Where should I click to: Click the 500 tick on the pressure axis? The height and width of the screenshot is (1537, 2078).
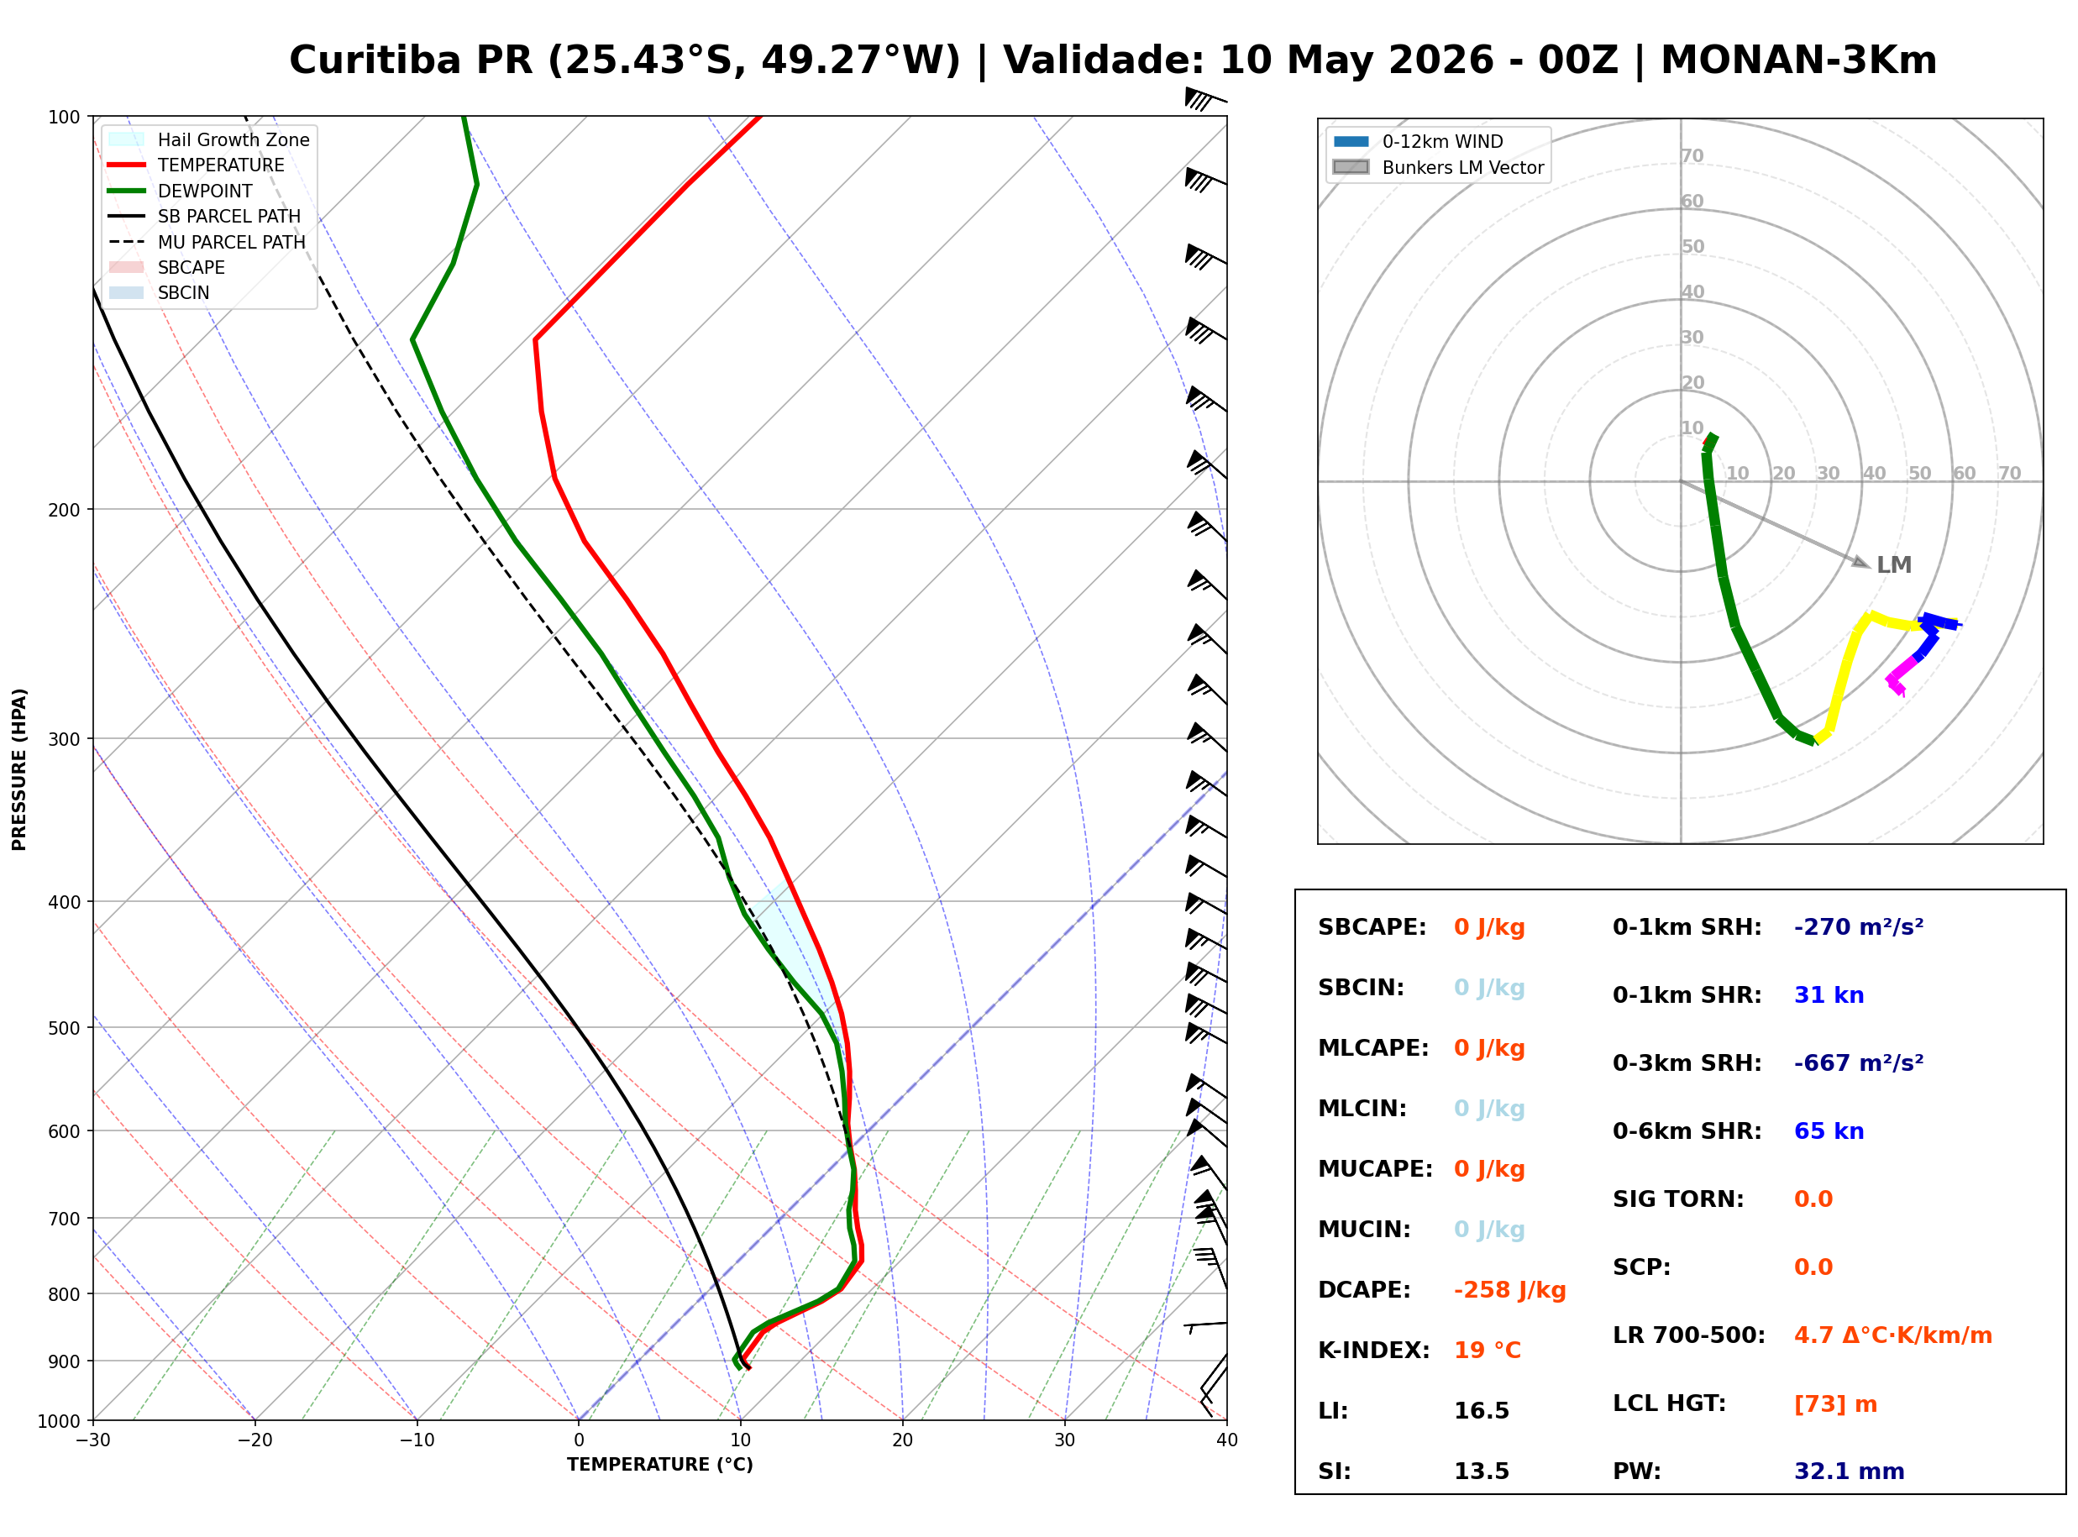tap(62, 1029)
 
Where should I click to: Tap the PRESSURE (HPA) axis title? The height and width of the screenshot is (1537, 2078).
tap(18, 770)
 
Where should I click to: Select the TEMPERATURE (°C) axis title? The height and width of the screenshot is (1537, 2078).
tap(660, 1466)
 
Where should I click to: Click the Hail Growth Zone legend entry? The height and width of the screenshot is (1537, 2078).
tap(209, 139)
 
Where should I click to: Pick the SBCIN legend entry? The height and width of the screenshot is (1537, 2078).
tap(159, 293)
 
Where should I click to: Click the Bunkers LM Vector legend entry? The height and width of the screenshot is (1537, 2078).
tap(1438, 167)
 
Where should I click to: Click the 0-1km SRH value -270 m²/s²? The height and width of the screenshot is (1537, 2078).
tap(1860, 927)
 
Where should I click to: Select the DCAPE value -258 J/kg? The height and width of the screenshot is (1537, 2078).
tap(1510, 1290)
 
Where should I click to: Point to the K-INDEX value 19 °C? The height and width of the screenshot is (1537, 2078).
tap(1488, 1351)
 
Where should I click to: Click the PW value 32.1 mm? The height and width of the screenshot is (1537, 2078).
tap(1850, 1471)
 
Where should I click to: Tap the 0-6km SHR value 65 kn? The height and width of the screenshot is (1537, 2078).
tap(1829, 1131)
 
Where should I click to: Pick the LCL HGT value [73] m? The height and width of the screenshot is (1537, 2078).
tap(1836, 1405)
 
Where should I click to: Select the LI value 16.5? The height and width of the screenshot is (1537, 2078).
tap(1482, 1411)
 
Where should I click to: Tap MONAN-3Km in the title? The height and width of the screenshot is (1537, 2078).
tap(1799, 60)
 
